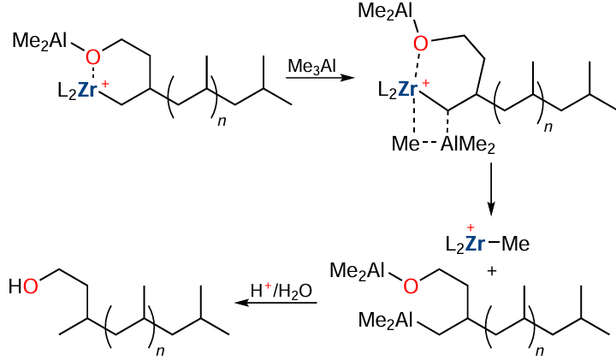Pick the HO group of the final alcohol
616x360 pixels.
[x=23, y=286]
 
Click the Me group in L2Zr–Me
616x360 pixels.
[x=516, y=245]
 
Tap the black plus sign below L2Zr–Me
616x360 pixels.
[x=492, y=271]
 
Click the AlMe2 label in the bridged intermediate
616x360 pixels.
[x=467, y=146]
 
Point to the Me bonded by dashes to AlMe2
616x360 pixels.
[x=406, y=146]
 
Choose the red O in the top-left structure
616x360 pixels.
[x=93, y=57]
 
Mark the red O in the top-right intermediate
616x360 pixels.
[x=420, y=43]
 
